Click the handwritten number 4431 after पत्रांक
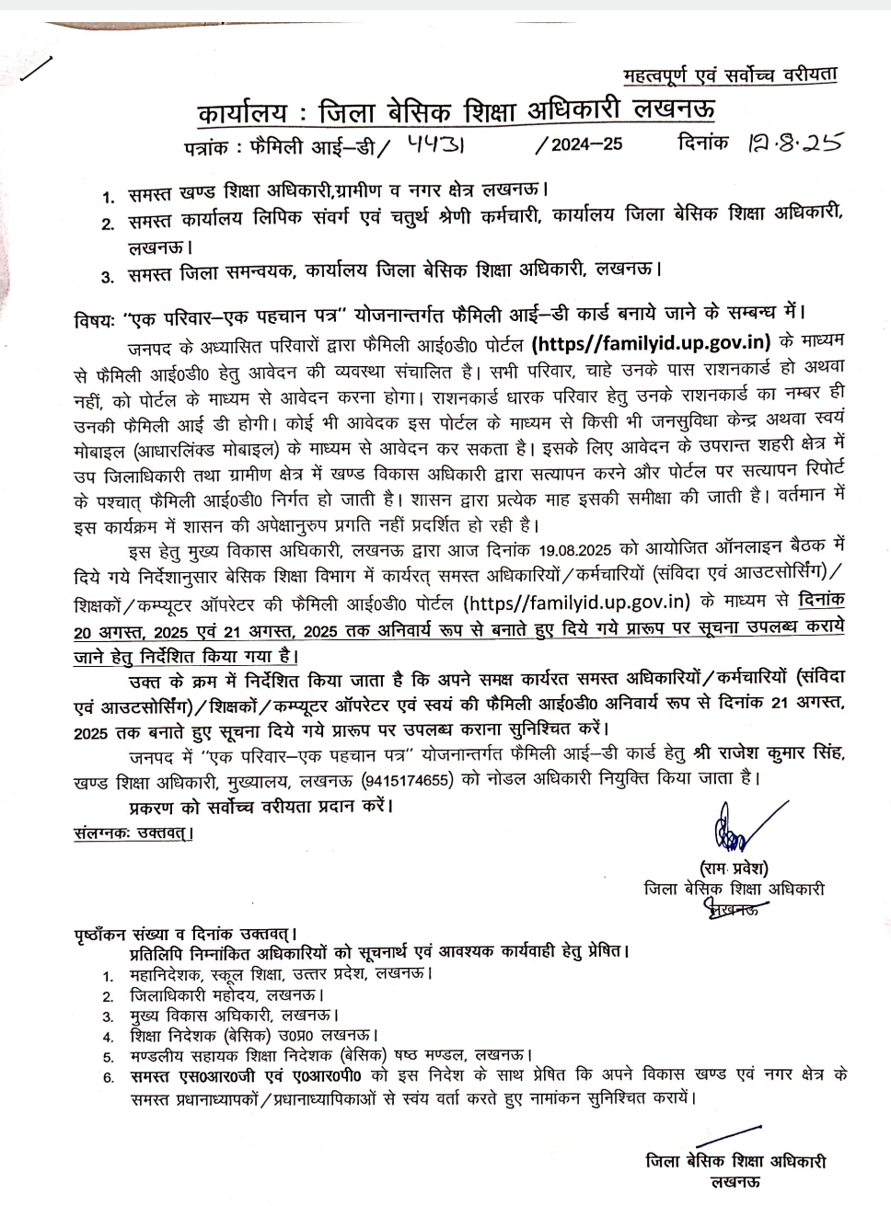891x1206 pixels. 445,144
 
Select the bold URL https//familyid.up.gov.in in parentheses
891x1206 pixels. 652,343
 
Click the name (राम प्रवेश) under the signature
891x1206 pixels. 734,867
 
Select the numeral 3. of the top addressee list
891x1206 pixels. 108,275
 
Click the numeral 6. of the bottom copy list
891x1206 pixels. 109,1077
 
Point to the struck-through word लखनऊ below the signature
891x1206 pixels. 734,911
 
